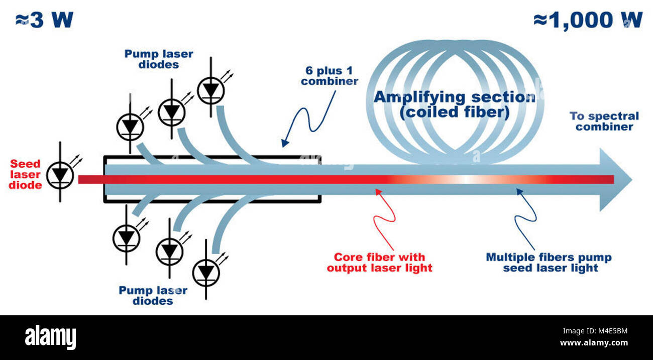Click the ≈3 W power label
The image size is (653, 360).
[44, 20]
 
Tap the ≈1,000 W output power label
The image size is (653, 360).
[588, 20]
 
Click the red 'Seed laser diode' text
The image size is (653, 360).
[25, 174]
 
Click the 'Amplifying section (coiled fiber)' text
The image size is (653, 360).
[454, 104]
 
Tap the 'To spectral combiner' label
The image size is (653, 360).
[604, 122]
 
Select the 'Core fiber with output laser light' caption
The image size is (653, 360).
[379, 263]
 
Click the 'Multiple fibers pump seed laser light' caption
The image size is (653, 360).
[549, 263]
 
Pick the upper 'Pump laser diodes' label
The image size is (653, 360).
[159, 59]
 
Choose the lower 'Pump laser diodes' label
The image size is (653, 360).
[153, 295]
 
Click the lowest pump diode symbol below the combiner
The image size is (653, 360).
[206, 270]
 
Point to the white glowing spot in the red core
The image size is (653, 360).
[465, 179]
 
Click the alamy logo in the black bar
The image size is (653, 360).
[50, 337]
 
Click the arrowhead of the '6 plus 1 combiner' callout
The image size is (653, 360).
[284, 144]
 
